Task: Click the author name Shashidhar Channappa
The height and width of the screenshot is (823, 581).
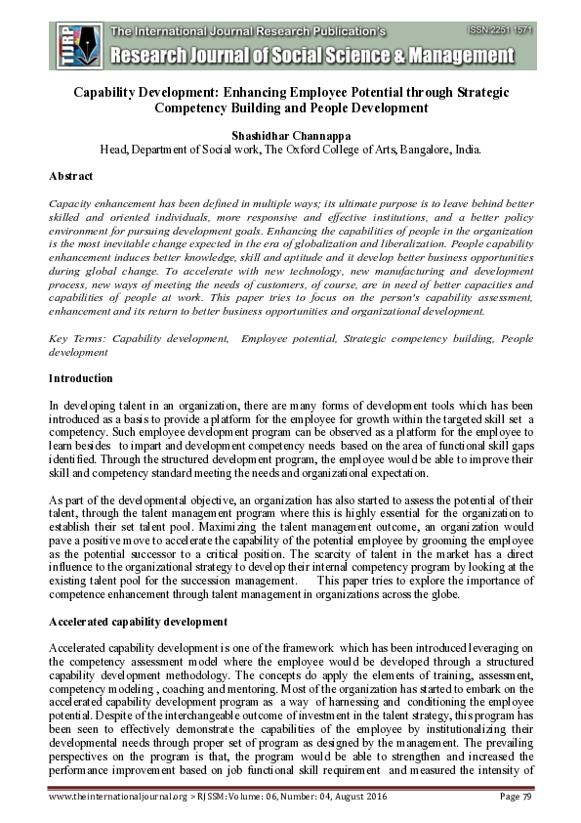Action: pyautogui.click(x=291, y=135)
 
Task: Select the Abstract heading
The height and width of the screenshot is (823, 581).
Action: pyautogui.click(x=71, y=177)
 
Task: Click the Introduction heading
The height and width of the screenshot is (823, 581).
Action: pyautogui.click(x=80, y=378)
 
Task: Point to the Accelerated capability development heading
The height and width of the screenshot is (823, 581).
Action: pyautogui.click(x=138, y=622)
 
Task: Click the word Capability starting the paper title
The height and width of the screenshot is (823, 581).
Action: pyautogui.click(x=110, y=91)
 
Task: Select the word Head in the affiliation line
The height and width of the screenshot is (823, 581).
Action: pyautogui.click(x=115, y=151)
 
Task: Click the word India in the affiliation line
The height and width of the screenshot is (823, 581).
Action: pyautogui.click(x=464, y=151)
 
